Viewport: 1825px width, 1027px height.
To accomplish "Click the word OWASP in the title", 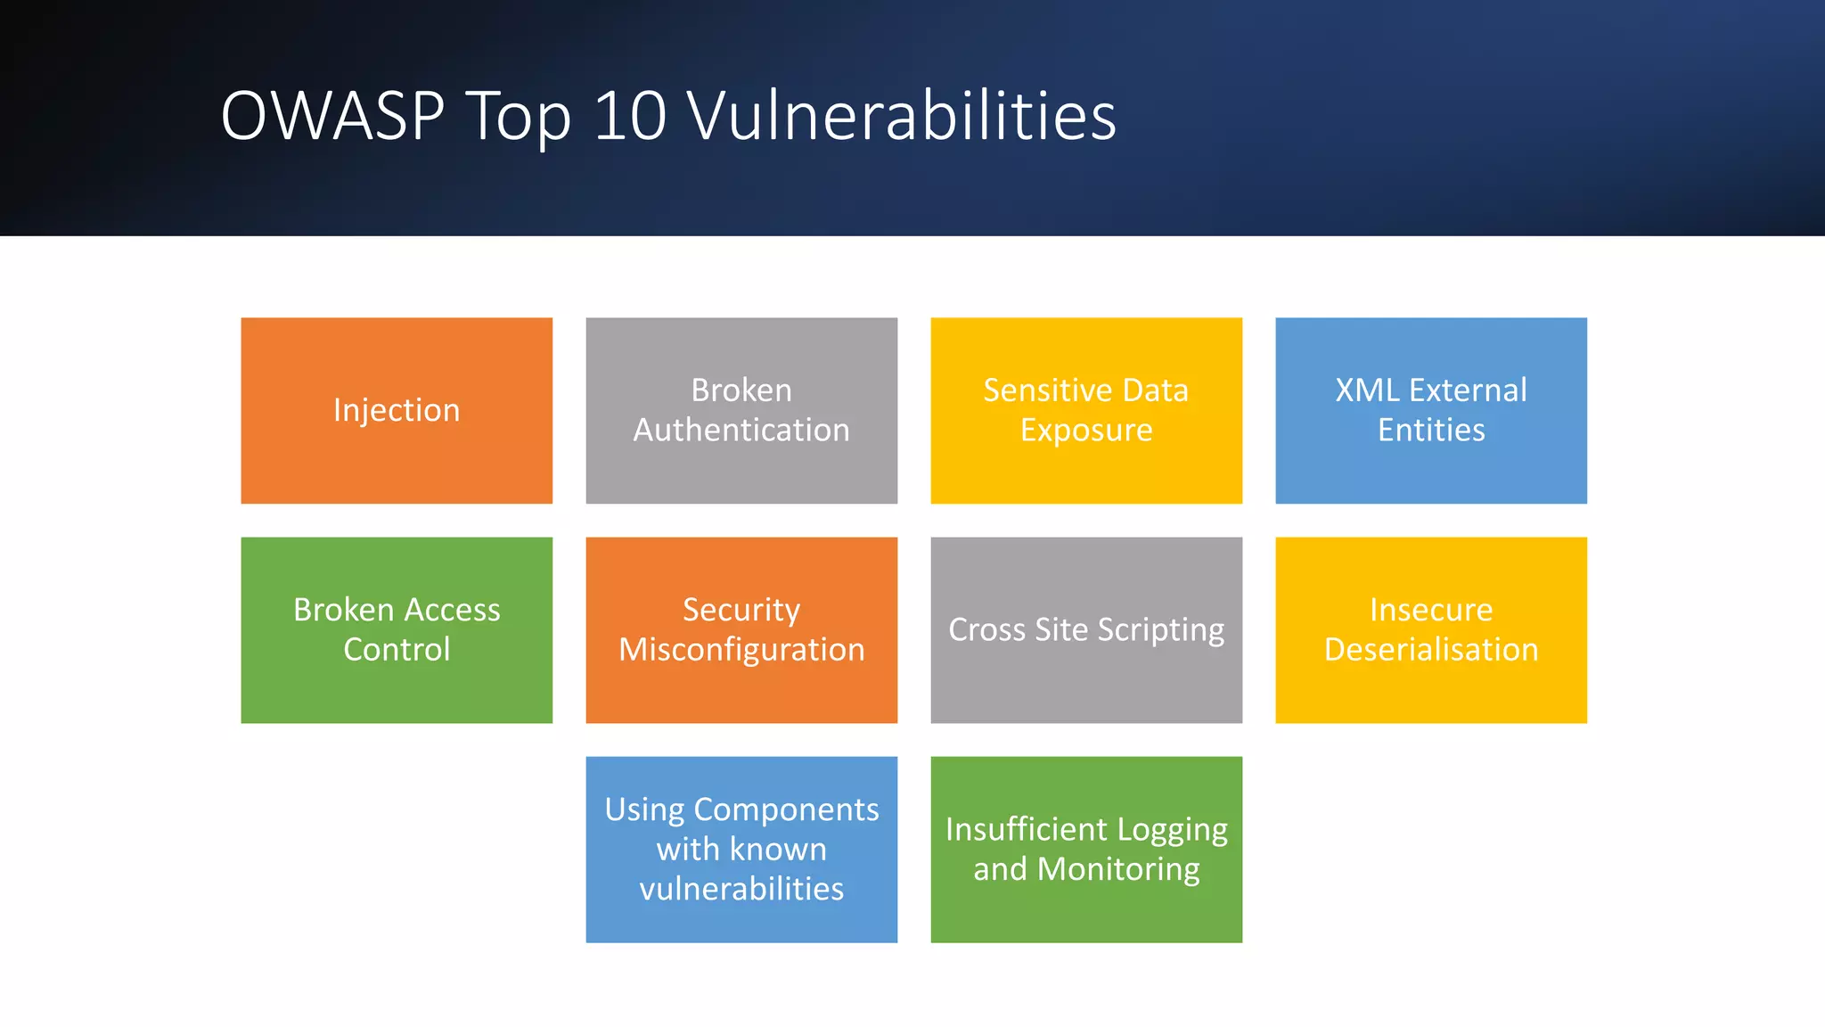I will (331, 116).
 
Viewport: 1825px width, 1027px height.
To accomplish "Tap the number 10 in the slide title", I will (629, 116).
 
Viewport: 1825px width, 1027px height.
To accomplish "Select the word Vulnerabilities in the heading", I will (902, 116).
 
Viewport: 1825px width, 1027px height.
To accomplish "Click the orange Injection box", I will (397, 410).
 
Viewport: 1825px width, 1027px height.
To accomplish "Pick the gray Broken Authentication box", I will (741, 410).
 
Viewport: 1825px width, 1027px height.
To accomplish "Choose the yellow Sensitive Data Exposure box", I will (1086, 410).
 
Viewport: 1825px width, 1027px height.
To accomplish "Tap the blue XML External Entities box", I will (1431, 410).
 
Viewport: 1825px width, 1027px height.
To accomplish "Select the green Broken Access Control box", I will (397, 629).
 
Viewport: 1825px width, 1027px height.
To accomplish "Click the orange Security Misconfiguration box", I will (741, 629).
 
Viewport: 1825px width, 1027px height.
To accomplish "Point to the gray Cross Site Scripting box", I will (1086, 629).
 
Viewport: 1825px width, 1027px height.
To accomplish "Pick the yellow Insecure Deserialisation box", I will (1431, 629).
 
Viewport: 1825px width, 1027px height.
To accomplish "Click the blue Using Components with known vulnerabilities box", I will (741, 849).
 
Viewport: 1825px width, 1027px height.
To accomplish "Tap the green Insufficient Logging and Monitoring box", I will (1086, 849).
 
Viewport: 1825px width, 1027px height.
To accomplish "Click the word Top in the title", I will (518, 118).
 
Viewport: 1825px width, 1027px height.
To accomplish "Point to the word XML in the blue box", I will (1366, 390).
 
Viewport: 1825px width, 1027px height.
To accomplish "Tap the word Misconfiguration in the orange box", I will (741, 650).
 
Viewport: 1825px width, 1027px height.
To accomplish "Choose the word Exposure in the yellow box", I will (1086, 431).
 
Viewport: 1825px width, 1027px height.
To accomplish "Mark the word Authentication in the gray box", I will (741, 431).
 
